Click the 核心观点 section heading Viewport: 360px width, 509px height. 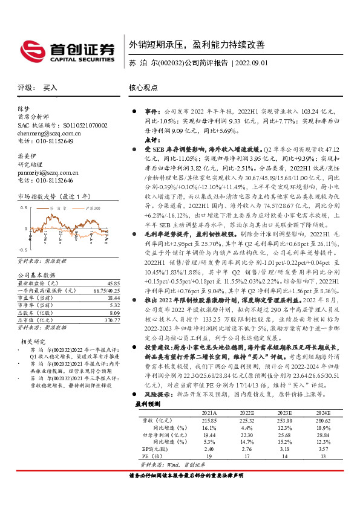[x=143, y=87]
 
